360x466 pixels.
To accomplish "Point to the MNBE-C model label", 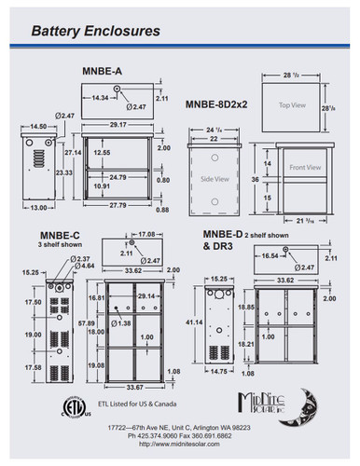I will [x=62, y=236].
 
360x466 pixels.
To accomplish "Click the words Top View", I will [x=289, y=106].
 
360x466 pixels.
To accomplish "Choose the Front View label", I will [x=308, y=168].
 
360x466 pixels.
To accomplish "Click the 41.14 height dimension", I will [x=194, y=322].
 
